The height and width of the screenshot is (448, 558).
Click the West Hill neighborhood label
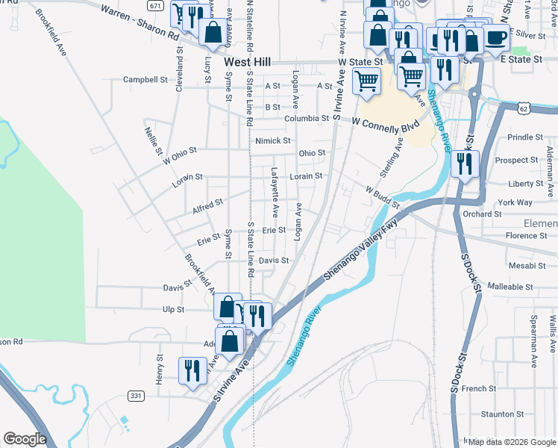coord(247,63)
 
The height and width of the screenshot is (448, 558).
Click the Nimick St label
coord(272,140)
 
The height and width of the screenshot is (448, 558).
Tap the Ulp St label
coord(173,309)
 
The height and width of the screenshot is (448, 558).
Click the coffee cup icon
coord(496,37)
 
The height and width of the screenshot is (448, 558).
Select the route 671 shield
coord(154,5)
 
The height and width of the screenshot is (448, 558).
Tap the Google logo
coord(24,439)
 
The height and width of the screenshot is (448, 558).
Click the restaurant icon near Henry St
coord(192,370)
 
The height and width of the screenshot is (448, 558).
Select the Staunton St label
coord(498,414)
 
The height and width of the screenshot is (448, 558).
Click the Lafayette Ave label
coord(275,181)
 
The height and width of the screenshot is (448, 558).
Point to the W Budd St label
coord(383,198)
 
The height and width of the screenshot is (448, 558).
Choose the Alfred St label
coord(207,203)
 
